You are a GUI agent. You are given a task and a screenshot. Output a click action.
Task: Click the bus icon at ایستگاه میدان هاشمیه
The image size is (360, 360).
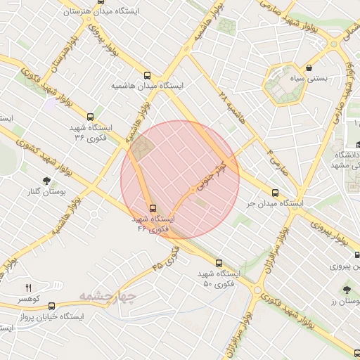tap(147, 75)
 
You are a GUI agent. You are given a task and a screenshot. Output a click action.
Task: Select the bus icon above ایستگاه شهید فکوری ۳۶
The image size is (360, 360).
tap(89, 117)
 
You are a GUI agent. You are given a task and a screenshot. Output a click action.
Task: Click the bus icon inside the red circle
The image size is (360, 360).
tap(153, 208)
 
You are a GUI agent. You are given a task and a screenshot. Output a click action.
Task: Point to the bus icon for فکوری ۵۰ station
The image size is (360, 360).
tap(219, 263)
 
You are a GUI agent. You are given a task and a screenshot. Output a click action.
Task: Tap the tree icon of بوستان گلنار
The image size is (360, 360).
tap(47, 181)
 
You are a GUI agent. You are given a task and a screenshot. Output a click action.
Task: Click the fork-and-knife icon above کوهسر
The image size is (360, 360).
tap(29, 288)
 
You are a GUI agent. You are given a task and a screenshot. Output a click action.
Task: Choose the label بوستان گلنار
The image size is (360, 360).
tap(44, 192)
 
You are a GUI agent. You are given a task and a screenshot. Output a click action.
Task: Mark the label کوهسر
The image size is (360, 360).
tap(28, 298)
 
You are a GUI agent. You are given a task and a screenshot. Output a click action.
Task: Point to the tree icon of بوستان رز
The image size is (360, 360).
tap(347, 290)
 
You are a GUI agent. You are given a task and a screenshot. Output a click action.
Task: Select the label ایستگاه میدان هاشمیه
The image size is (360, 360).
tap(146, 86)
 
